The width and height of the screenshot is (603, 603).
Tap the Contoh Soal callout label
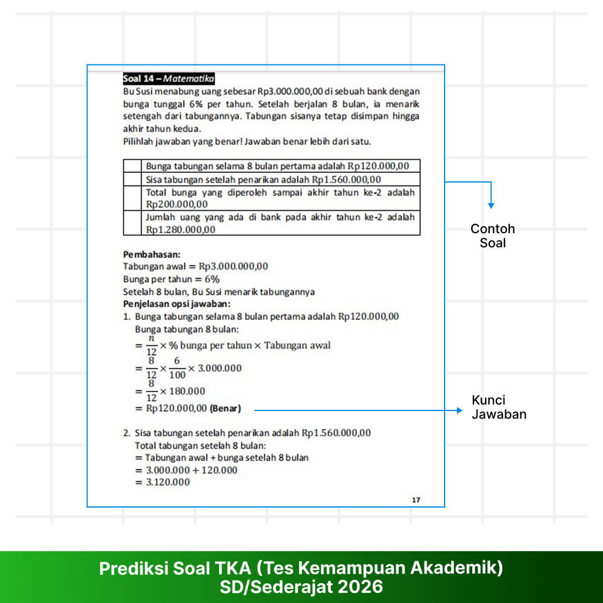(x=493, y=236)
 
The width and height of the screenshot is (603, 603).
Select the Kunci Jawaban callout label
(x=499, y=407)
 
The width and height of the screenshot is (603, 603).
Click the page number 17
(x=416, y=500)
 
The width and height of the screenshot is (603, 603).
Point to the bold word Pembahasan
(x=150, y=254)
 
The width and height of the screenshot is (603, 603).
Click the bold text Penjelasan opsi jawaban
(x=177, y=304)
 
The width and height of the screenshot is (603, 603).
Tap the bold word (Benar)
(x=226, y=407)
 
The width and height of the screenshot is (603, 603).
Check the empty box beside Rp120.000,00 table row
(x=132, y=166)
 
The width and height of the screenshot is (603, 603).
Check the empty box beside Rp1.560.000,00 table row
(x=132, y=180)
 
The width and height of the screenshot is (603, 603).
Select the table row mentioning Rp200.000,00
(x=280, y=198)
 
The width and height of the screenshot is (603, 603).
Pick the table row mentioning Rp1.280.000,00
(x=280, y=223)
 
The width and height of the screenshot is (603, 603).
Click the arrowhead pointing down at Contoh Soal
(x=491, y=205)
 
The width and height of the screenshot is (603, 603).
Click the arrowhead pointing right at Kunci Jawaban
(x=459, y=410)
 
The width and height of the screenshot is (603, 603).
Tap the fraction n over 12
(x=151, y=345)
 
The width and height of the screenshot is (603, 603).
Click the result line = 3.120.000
(x=163, y=482)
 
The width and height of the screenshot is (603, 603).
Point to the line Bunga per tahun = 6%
(x=171, y=279)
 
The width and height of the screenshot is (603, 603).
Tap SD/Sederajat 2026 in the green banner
(x=301, y=587)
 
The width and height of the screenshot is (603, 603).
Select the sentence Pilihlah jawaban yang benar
(x=247, y=141)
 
